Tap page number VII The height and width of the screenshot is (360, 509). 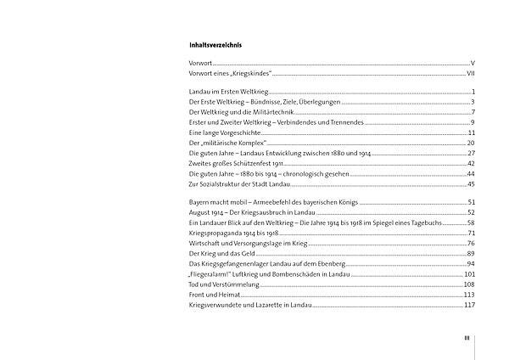tap(469, 75)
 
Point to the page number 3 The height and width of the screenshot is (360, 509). tap(472, 102)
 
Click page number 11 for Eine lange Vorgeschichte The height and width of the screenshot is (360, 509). tap(470, 132)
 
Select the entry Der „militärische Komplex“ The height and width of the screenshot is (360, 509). tap(223, 143)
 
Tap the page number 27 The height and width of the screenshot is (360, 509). tap(470, 153)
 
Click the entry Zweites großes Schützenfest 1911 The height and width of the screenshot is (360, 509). tap(233, 163)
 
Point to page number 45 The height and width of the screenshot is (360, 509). tap(470, 183)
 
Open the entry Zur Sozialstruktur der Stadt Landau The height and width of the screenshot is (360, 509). tap(242, 183)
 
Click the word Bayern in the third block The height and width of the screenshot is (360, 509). tap(199, 201)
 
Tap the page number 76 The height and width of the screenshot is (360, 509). tap(470, 243)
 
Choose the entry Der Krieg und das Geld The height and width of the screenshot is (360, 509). tap(219, 253)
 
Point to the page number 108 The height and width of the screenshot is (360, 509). tap(468, 284)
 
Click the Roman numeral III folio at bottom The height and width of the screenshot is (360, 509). tap(467, 338)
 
